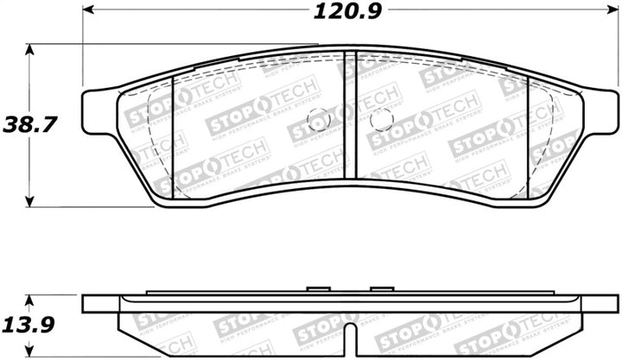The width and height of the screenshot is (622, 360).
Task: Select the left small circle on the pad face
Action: [x=315, y=120]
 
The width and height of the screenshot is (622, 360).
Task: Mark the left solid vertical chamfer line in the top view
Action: [x=174, y=134]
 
